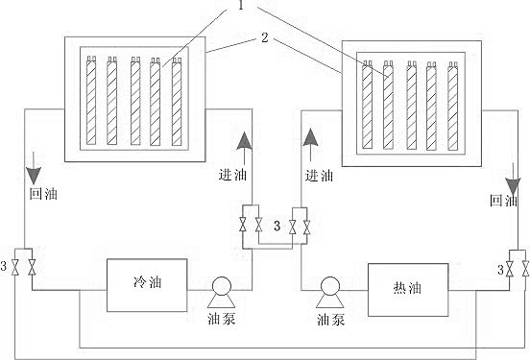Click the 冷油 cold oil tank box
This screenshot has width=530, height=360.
pos(145,285)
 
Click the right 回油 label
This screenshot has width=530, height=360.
pos(503,201)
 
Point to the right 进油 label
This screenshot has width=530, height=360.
pos(319,176)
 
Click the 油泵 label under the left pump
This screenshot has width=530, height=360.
pos(222,317)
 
